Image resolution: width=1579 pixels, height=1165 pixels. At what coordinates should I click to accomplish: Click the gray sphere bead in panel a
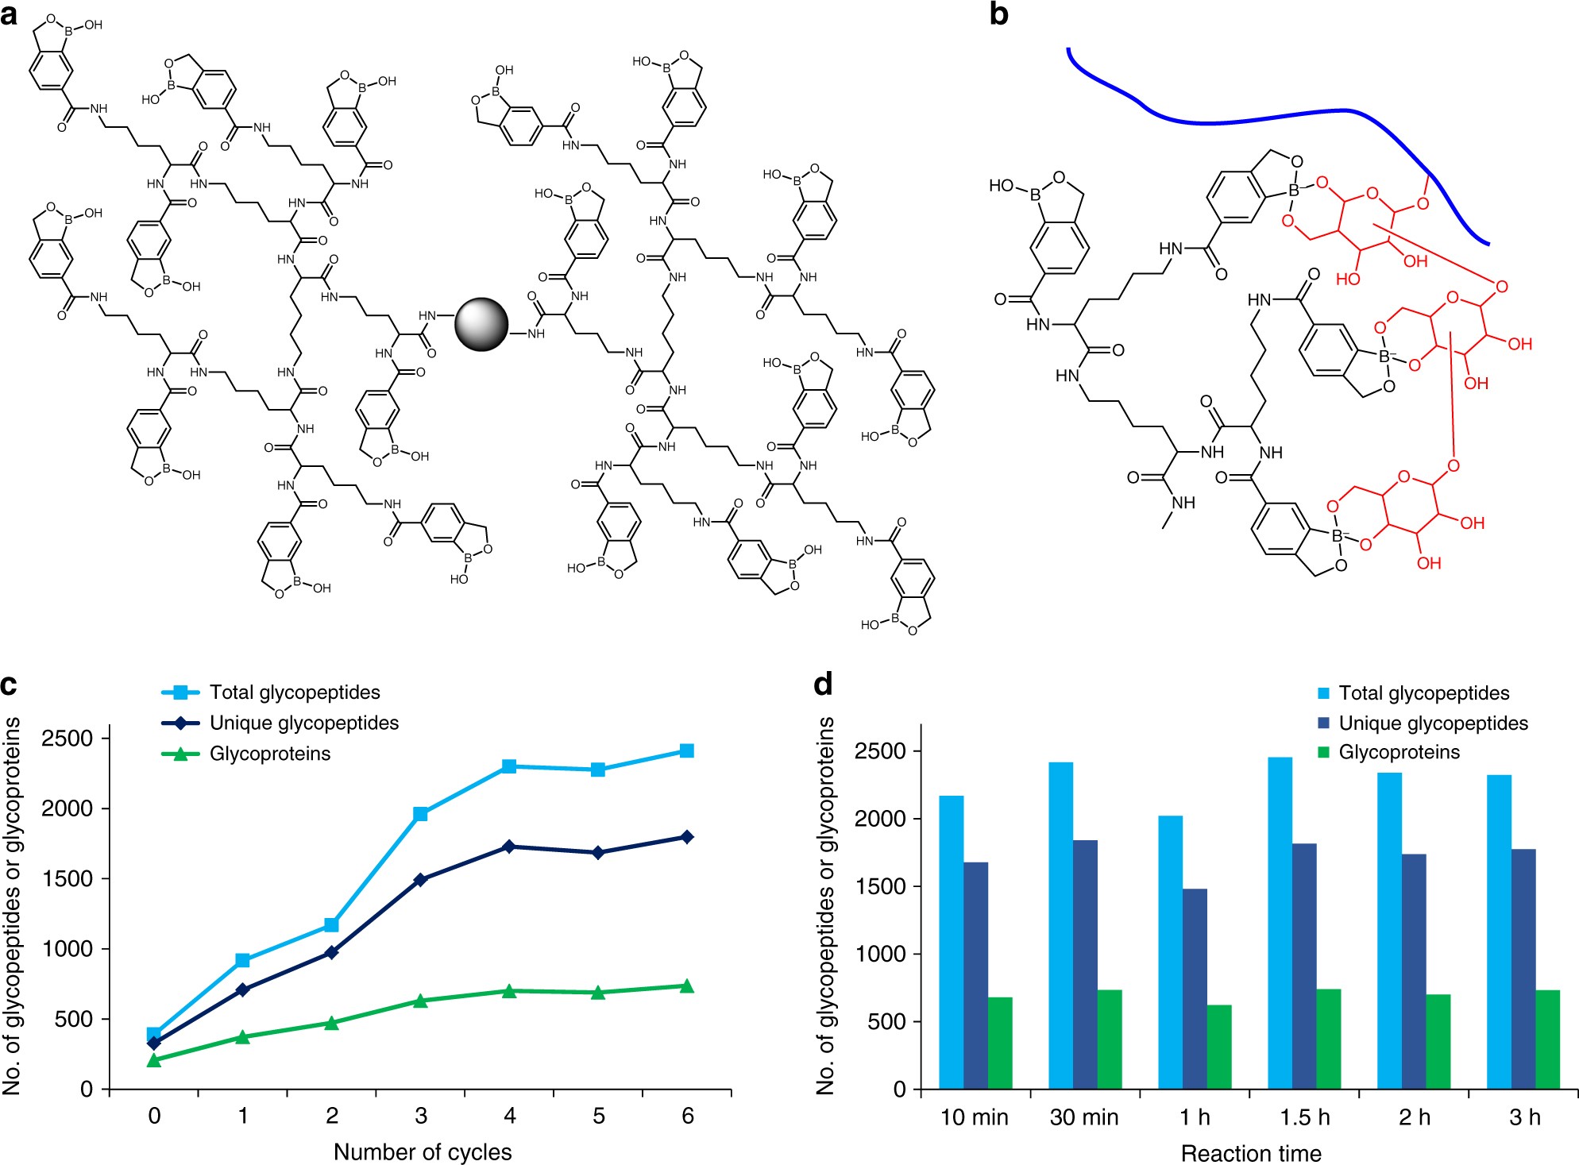481,324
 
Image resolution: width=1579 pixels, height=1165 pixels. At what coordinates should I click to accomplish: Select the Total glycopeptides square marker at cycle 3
421,814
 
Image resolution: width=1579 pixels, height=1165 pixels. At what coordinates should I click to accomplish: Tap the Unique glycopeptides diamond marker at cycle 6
687,837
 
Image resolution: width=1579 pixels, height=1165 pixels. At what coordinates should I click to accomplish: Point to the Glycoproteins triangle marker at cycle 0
154,1060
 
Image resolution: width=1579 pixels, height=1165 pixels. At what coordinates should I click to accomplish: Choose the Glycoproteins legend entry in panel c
269,754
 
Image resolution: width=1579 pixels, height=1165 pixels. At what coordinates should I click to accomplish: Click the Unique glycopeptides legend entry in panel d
1433,723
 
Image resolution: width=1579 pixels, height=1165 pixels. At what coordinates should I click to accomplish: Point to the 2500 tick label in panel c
69,739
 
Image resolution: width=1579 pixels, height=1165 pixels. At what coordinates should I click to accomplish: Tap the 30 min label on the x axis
1084,1117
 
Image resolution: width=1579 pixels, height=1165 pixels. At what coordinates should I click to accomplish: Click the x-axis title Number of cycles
423,1151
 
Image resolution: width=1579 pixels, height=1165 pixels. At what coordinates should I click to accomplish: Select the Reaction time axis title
1251,1153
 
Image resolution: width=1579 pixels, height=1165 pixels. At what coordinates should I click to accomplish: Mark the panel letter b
999,14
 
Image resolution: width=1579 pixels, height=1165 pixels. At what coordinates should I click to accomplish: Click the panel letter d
824,683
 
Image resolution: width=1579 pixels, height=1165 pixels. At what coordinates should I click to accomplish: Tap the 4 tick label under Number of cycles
510,1116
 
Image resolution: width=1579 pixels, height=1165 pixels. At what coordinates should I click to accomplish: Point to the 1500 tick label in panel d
881,887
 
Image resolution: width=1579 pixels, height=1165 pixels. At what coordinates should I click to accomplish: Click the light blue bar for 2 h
1389,930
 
